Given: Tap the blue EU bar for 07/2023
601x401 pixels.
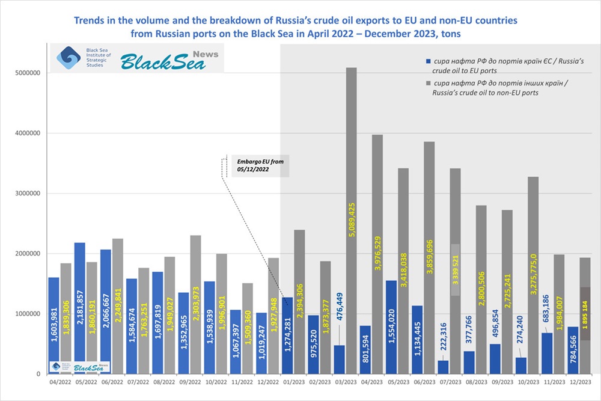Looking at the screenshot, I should (443, 367).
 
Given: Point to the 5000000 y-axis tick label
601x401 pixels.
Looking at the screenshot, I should (26, 73).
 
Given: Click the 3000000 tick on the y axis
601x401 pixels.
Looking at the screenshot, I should (26, 194).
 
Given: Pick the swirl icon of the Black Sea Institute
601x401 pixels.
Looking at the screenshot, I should (66, 58).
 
